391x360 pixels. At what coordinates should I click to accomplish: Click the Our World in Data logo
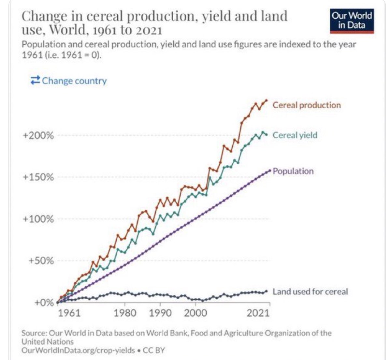(352, 21)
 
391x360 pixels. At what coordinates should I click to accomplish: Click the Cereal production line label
(307, 105)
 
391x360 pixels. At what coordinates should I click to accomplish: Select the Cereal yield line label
(295, 135)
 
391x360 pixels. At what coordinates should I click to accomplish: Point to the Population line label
(293, 171)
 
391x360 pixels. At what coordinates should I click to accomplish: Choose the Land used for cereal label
(310, 291)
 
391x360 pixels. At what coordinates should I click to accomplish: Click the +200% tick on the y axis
(38, 135)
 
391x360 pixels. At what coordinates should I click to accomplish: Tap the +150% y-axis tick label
(38, 177)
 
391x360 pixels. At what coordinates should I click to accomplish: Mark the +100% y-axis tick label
(38, 219)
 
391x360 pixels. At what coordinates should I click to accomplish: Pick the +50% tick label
(40, 261)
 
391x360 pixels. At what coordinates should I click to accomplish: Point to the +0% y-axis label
(44, 303)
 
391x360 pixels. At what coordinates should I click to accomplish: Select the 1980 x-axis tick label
(125, 313)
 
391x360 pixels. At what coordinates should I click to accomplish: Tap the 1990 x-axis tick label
(160, 313)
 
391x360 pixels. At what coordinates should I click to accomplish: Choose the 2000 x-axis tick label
(195, 313)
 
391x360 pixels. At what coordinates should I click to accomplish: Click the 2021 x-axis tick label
(258, 313)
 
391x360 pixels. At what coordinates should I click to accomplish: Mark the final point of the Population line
(270, 171)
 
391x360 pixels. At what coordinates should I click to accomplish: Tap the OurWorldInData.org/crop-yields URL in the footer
(78, 350)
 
